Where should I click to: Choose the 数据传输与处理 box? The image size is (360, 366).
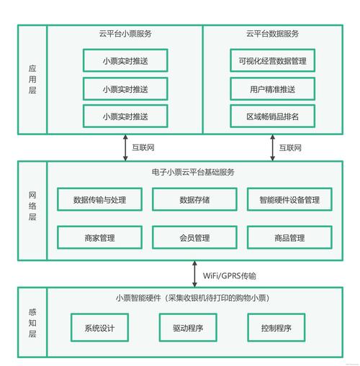100,200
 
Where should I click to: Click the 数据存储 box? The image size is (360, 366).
194,200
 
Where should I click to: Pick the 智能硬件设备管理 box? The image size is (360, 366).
289,200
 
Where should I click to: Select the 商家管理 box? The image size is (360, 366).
100,237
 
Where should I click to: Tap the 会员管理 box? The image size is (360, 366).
194,237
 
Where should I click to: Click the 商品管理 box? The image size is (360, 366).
289,237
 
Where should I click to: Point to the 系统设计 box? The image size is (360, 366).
100,327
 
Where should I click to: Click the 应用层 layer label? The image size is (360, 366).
32,79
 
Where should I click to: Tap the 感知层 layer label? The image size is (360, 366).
32,324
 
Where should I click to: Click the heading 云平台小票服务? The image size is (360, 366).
125,35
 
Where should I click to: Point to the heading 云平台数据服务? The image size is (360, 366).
272,35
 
